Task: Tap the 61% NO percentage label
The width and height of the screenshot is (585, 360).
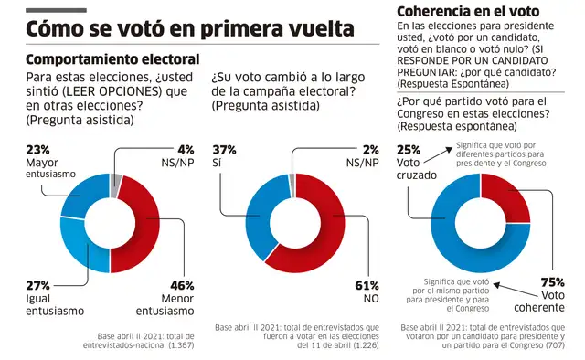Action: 367,285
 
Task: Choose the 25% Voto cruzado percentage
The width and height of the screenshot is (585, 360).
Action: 409,149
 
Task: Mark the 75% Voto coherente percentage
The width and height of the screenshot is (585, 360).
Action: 553,281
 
